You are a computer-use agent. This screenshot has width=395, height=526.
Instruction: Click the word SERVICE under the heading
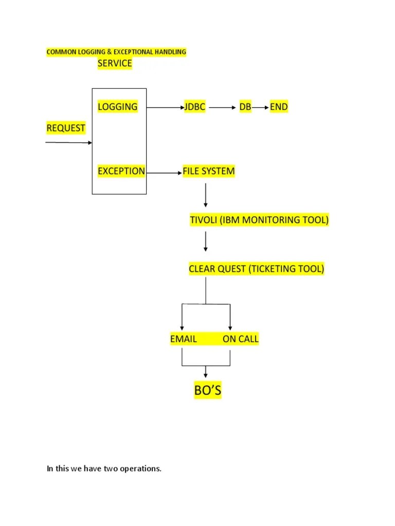[115, 64]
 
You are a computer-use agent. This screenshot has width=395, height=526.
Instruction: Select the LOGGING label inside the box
[118, 107]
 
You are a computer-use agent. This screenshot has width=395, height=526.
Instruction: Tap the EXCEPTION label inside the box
[121, 171]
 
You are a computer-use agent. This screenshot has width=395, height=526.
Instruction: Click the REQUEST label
[66, 128]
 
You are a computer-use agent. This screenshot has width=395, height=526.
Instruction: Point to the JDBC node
[195, 107]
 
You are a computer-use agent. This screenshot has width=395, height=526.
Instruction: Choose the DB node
[245, 107]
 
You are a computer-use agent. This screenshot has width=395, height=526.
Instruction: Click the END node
[279, 107]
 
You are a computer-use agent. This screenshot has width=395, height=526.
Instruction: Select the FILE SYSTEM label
[208, 171]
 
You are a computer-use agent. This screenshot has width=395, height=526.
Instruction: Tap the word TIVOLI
[204, 220]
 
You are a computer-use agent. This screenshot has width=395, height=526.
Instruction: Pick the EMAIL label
[183, 339]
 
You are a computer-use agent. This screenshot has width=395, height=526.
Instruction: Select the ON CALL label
[241, 339]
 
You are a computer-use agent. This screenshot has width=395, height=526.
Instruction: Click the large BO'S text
[207, 391]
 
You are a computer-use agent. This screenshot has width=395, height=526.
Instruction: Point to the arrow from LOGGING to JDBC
[165, 108]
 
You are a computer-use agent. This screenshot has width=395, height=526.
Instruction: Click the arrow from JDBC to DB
[222, 108]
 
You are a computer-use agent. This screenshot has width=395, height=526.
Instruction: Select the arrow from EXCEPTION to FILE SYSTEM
[164, 173]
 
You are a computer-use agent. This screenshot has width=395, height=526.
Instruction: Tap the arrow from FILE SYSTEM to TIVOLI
[206, 195]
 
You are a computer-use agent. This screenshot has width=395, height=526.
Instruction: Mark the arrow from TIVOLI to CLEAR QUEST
[206, 241]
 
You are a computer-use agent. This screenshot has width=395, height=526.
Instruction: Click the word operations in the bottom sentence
[142, 468]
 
